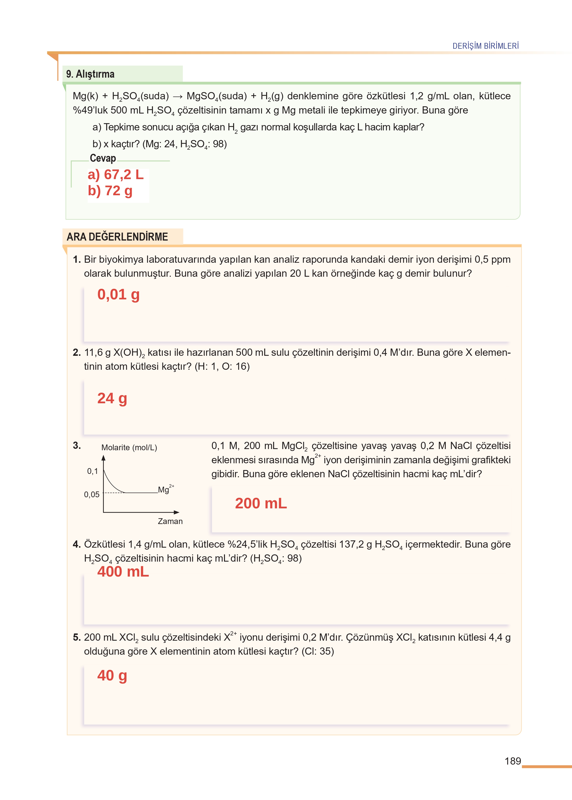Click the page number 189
(x=513, y=761)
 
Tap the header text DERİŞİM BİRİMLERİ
(x=485, y=46)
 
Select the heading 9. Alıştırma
(x=90, y=74)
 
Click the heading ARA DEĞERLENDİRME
(x=117, y=236)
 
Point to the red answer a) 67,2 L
(x=116, y=175)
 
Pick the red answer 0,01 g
(x=118, y=294)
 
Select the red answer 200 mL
(x=261, y=503)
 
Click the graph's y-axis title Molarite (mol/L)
(x=129, y=448)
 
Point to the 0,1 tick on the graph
(x=92, y=471)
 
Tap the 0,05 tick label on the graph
(x=92, y=494)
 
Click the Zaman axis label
(x=170, y=521)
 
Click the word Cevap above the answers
(x=103, y=158)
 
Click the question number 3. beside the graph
(x=77, y=445)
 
